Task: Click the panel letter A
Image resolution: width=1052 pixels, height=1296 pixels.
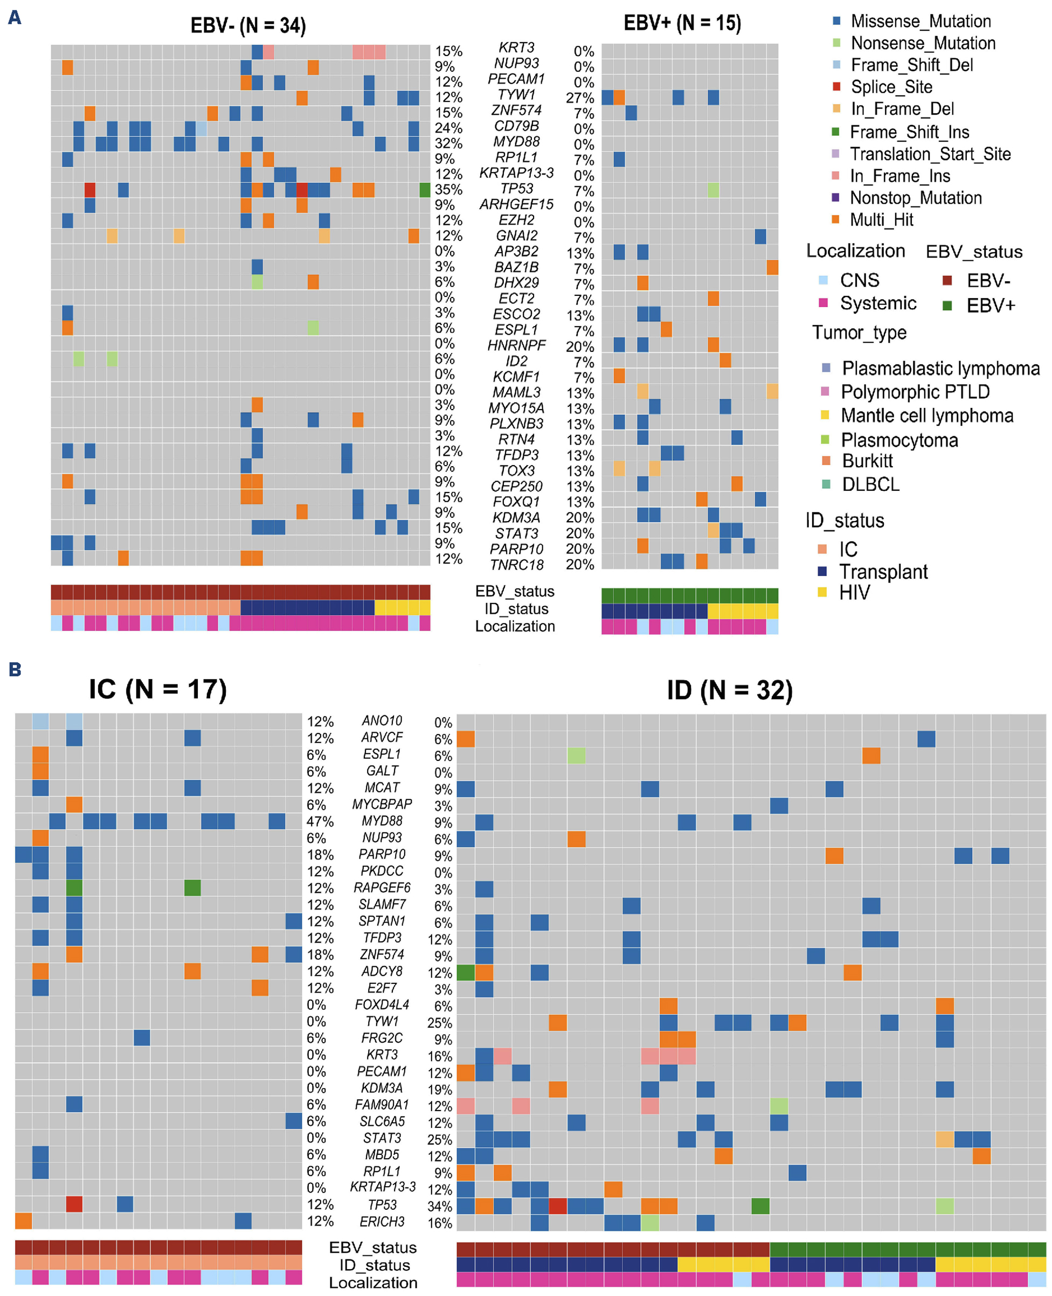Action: (15, 18)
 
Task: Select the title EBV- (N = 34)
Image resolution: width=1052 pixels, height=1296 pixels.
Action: (248, 25)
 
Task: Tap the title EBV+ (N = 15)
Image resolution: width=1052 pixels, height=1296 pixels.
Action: (682, 23)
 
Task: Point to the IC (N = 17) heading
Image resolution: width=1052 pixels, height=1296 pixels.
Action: (157, 690)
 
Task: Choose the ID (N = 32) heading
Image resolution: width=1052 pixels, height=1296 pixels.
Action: (730, 690)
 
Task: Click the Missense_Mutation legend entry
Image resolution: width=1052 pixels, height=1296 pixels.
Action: (920, 21)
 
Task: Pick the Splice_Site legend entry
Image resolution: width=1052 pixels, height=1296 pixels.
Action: (891, 87)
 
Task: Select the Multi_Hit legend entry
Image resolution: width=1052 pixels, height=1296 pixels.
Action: (881, 219)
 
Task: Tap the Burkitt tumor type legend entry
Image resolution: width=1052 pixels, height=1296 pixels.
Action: (867, 461)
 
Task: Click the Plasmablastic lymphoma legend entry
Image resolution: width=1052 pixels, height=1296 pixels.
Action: (940, 369)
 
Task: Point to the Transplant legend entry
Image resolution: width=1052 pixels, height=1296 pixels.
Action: (882, 571)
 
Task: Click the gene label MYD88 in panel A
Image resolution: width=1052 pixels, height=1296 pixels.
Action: (516, 141)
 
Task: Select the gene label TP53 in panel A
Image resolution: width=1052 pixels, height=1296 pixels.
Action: (516, 189)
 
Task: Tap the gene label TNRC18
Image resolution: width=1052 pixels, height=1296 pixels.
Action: (516, 565)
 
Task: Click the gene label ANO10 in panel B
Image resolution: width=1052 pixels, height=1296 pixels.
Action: (382, 720)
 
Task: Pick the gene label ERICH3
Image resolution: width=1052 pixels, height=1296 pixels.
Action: (382, 1222)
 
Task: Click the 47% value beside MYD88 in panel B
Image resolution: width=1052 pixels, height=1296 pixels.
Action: (320, 822)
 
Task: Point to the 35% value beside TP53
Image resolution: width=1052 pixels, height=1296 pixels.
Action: (448, 190)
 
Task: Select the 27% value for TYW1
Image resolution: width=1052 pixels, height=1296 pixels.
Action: (580, 98)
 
